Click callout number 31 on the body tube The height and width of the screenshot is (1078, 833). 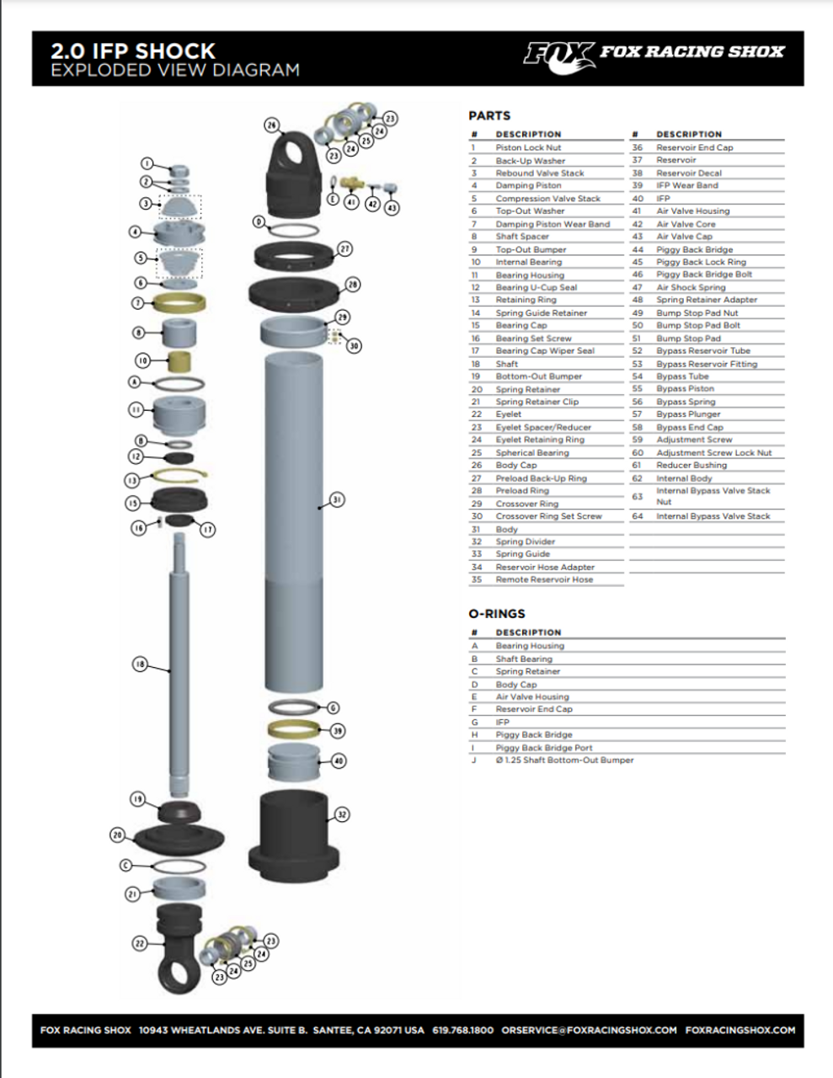[336, 499]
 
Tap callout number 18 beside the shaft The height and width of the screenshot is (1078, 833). [140, 664]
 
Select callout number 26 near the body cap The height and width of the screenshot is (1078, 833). [271, 125]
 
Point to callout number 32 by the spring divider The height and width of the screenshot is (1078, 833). [341, 814]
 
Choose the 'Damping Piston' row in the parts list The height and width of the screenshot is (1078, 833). [528, 185]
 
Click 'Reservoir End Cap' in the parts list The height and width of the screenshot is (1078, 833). [694, 147]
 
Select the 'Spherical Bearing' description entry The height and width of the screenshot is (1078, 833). [531, 452]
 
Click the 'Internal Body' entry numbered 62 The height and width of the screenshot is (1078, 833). [684, 478]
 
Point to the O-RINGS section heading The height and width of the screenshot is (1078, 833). [496, 614]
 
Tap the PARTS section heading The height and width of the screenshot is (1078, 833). [489, 115]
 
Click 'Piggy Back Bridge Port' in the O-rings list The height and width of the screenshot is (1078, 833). [543, 747]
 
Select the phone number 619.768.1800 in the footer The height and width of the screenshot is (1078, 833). [462, 1030]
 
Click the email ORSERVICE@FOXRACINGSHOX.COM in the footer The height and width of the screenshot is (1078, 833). [589, 1030]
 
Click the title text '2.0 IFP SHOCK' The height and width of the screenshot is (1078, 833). [133, 51]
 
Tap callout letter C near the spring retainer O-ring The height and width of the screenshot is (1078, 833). [125, 865]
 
